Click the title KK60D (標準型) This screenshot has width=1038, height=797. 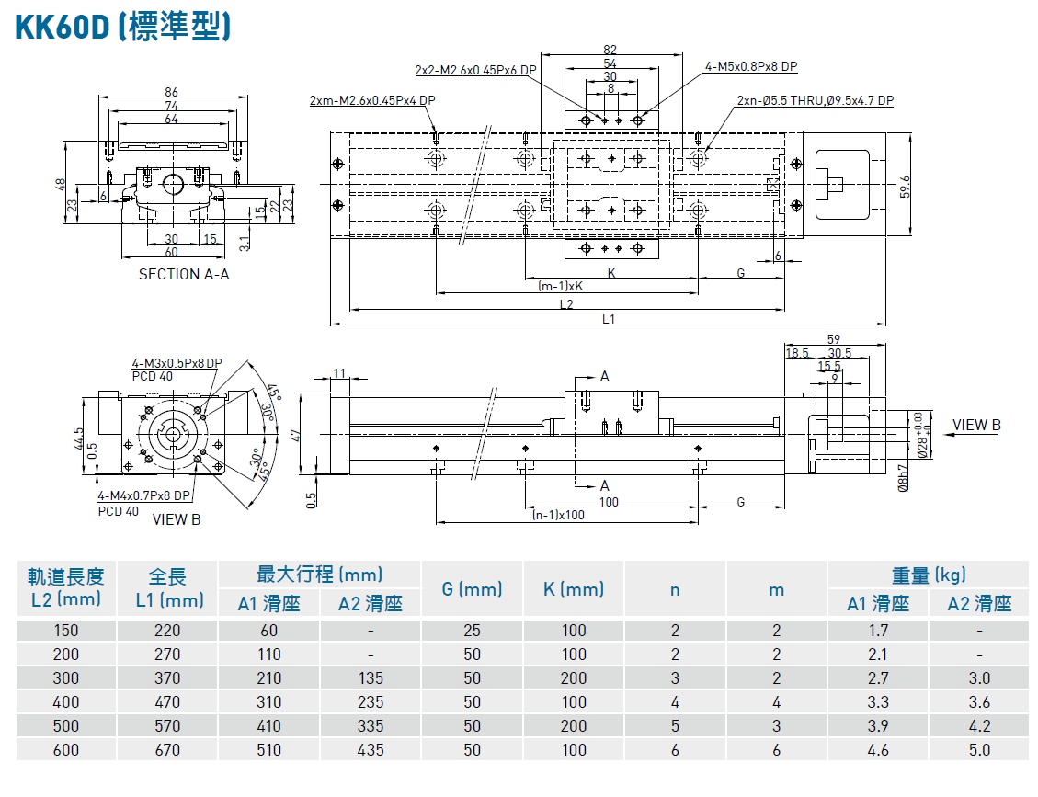(122, 27)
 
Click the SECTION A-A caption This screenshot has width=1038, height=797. (184, 274)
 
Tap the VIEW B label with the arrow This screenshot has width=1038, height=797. (976, 425)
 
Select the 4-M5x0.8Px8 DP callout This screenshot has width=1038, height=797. (751, 66)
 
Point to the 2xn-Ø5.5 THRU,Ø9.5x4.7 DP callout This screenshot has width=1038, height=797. (815, 101)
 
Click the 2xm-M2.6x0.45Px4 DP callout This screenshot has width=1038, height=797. (372, 100)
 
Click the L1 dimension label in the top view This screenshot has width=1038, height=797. (609, 319)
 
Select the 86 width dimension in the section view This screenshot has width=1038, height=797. (171, 92)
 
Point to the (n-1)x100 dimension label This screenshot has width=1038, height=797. (558, 515)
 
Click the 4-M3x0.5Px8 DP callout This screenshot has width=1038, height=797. (177, 363)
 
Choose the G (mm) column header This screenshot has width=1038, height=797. (472, 589)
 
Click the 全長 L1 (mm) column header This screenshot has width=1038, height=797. (167, 588)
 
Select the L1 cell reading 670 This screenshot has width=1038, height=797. (167, 750)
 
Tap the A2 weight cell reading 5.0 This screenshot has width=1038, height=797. (979, 750)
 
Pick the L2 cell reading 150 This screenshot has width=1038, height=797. (66, 631)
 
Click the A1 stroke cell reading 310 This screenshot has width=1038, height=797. (268, 702)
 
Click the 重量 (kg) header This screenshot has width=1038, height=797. (929, 575)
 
